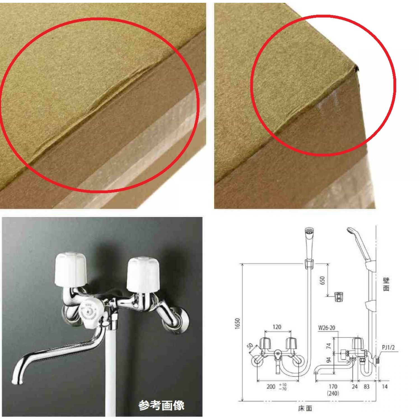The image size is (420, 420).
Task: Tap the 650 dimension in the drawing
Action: [322, 281]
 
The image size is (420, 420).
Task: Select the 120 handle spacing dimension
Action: [277, 327]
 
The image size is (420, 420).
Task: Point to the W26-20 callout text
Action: [326, 328]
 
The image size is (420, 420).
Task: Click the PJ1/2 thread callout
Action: [388, 347]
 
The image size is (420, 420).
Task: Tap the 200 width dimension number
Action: [271, 387]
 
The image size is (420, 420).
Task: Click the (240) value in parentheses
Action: [333, 393]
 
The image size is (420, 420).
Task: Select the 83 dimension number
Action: [367, 387]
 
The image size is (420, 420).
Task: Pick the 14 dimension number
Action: [385, 387]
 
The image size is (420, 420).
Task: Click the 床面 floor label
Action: [305, 408]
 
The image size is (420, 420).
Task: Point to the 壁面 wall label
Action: [386, 284]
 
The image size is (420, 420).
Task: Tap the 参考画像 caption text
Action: [161, 405]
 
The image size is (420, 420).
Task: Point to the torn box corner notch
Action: [356, 68]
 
